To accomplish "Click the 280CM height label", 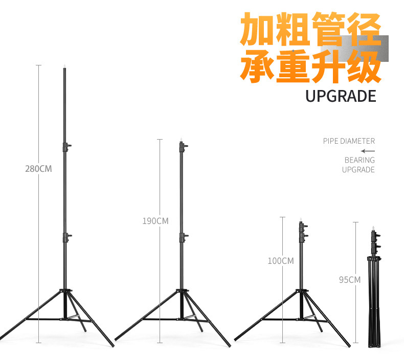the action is pyautogui.click(x=38, y=168).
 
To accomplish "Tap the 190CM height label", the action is pyautogui.click(x=155, y=221).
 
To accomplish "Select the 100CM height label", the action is pyautogui.click(x=280, y=261).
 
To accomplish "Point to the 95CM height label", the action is pyautogui.click(x=349, y=280).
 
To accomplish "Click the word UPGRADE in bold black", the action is pyautogui.click(x=341, y=96).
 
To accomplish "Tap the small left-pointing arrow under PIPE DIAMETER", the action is pyautogui.click(x=367, y=151).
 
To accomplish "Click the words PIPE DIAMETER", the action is pyautogui.click(x=349, y=141).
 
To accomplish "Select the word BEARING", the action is pyautogui.click(x=359, y=160).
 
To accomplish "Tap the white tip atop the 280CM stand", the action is pyautogui.click(x=65, y=66).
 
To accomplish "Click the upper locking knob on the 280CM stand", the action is pyautogui.click(x=66, y=147).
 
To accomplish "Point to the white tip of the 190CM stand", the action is pyautogui.click(x=181, y=140).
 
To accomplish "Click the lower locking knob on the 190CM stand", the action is pyautogui.click(x=183, y=237).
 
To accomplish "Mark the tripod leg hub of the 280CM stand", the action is pyautogui.click(x=65, y=292).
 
